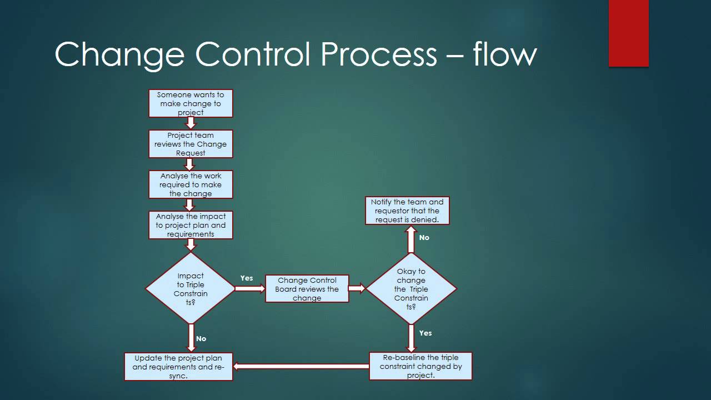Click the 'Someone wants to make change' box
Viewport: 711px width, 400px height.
click(191, 103)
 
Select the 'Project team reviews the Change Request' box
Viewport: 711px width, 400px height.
click(191, 144)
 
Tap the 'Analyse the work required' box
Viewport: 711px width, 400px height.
click(191, 184)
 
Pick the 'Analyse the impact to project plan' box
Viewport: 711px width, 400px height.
click(191, 225)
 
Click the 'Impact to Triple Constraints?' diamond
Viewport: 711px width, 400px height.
click(191, 288)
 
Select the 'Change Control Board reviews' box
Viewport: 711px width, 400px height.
click(307, 289)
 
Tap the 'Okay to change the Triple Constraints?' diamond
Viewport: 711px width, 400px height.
click(411, 288)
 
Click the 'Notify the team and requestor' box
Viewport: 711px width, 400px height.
click(407, 211)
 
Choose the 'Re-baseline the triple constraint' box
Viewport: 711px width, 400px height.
click(420, 366)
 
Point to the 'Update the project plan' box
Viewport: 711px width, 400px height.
click(178, 367)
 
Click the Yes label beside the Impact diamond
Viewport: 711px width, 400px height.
click(247, 278)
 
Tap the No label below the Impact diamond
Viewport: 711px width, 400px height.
click(201, 338)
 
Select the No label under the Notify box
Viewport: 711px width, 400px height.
click(424, 237)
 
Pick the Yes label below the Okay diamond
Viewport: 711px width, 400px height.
click(425, 333)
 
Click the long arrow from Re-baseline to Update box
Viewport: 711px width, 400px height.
click(301, 366)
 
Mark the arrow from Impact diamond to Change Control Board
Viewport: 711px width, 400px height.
click(250, 288)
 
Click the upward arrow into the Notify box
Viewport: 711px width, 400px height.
click(411, 239)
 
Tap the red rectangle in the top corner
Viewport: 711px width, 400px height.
click(628, 33)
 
